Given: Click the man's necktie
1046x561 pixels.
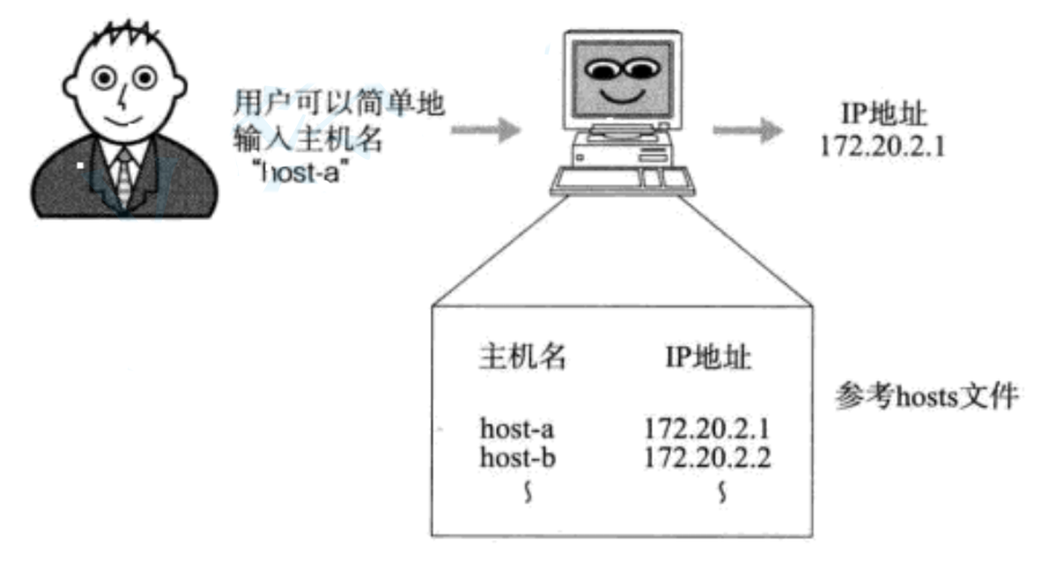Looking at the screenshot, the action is click(x=123, y=178).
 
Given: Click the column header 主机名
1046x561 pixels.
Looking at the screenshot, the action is click(x=522, y=357).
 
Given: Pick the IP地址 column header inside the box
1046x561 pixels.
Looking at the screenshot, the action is click(x=707, y=357).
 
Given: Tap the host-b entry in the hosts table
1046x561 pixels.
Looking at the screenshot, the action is click(x=517, y=457).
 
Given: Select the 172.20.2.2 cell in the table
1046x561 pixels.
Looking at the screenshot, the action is click(x=708, y=457).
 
